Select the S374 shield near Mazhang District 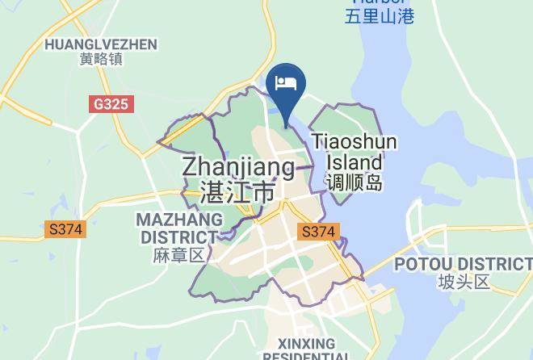click(65, 229)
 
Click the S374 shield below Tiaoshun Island click(318, 232)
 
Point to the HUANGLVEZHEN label click(101, 44)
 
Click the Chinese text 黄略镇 click(101, 59)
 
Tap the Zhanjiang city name click(238, 167)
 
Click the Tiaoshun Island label click(355, 152)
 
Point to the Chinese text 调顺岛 click(355, 183)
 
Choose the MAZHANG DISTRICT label click(178, 228)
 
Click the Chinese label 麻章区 click(178, 256)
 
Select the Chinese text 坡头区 click(464, 283)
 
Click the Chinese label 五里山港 click(379, 15)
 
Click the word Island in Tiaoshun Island click(355, 161)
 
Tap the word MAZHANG click(179, 220)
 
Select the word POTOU click(420, 264)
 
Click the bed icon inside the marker click(286, 82)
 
